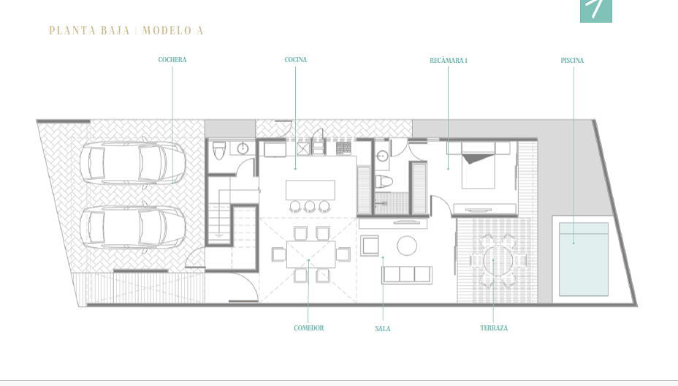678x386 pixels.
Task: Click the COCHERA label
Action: (172, 60)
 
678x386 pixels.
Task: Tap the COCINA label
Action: (296, 60)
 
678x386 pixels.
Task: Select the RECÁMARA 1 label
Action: (449, 61)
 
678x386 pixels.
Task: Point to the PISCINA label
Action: (572, 61)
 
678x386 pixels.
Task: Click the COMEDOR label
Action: (309, 328)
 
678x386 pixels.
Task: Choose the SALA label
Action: (383, 329)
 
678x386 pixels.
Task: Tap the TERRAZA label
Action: (494, 328)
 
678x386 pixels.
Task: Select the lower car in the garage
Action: (133, 227)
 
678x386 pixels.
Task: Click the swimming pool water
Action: (584, 260)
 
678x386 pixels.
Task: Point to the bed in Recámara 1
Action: (479, 166)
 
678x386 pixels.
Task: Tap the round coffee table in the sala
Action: (407, 246)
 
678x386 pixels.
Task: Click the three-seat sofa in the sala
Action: (406, 275)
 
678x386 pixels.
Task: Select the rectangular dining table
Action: (311, 254)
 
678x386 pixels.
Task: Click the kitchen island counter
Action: (310, 190)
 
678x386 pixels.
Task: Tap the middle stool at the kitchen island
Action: (310, 206)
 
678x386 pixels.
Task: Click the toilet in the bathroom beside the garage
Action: (219, 151)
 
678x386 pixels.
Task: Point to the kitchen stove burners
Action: (344, 148)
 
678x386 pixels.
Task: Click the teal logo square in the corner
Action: (596, 11)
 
